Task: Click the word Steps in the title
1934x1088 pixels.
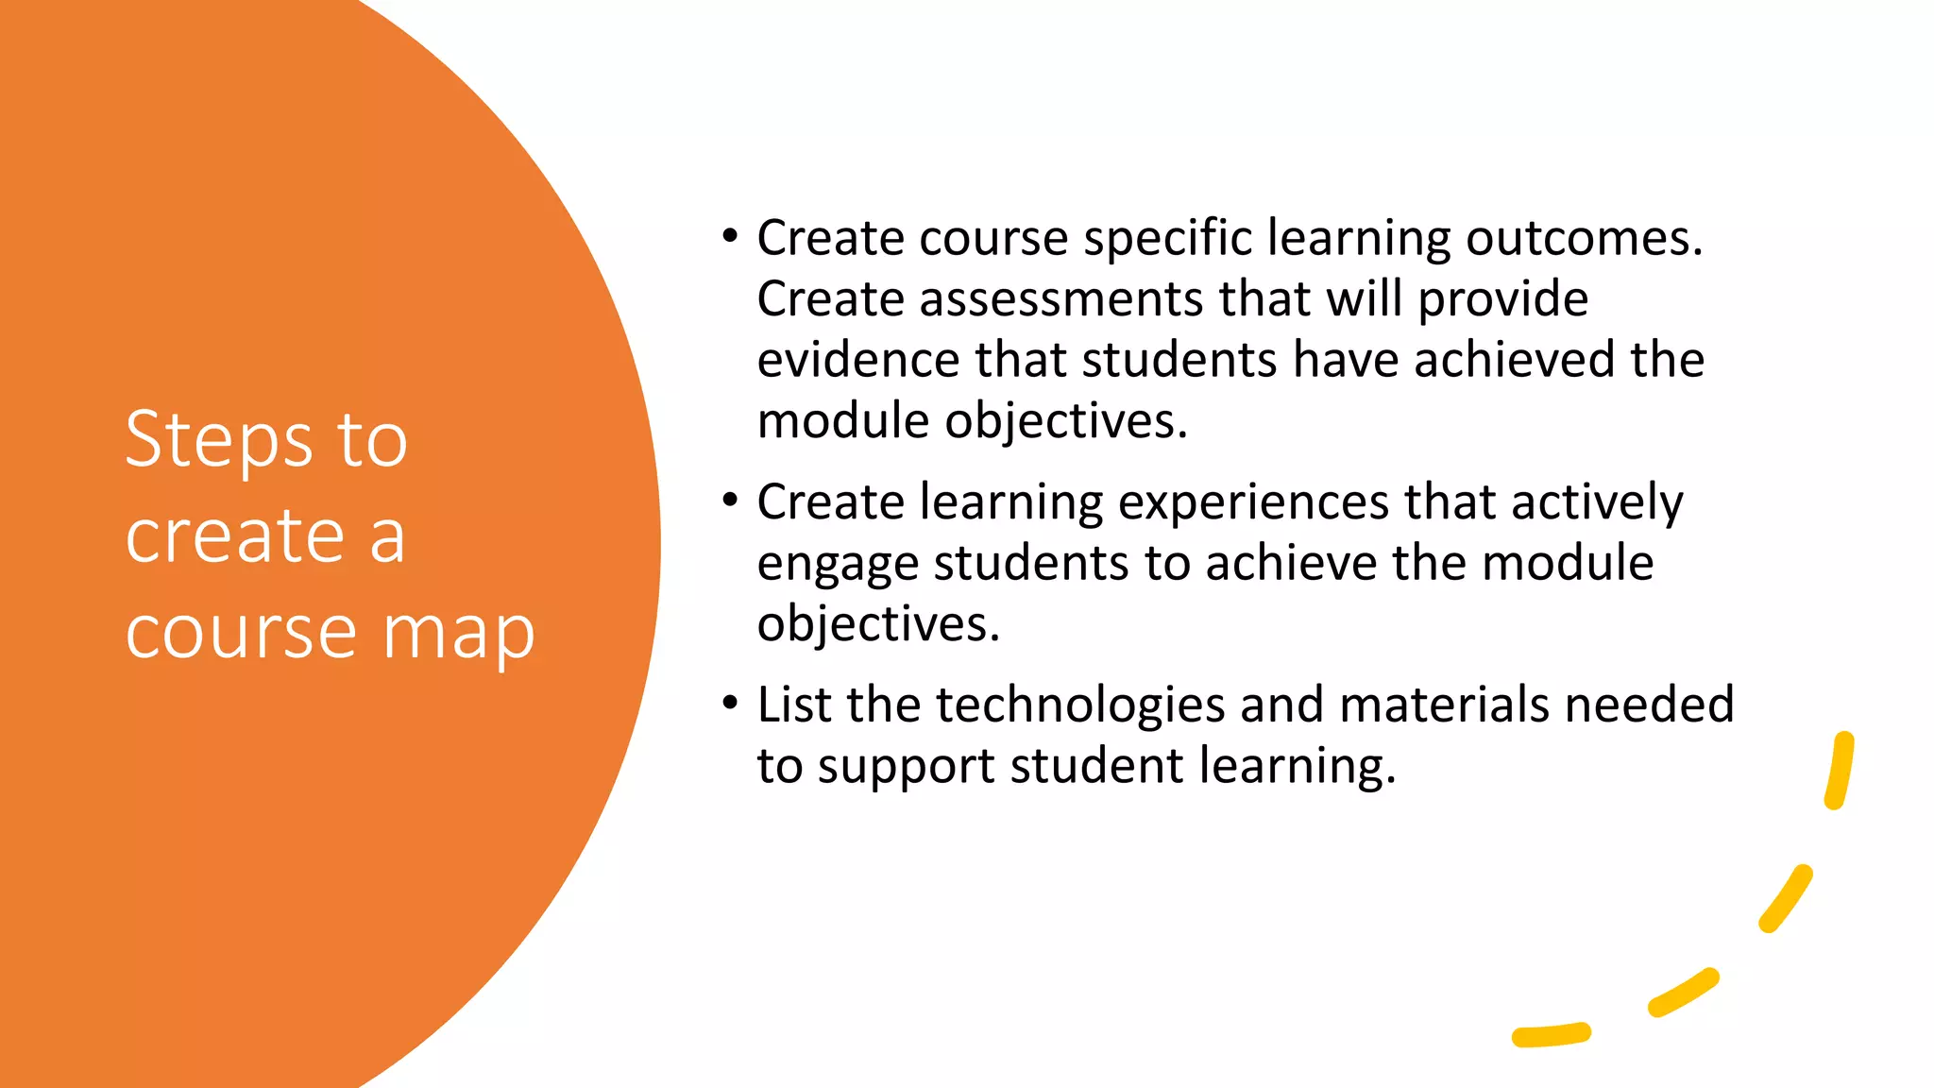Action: [219, 440]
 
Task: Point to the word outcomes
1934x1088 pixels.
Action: [1584, 238]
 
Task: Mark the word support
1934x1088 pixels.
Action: [906, 766]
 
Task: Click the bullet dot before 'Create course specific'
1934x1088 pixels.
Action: [729, 237]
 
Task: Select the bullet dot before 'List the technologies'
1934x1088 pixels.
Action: [729, 704]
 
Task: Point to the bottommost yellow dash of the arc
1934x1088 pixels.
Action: [1552, 1035]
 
